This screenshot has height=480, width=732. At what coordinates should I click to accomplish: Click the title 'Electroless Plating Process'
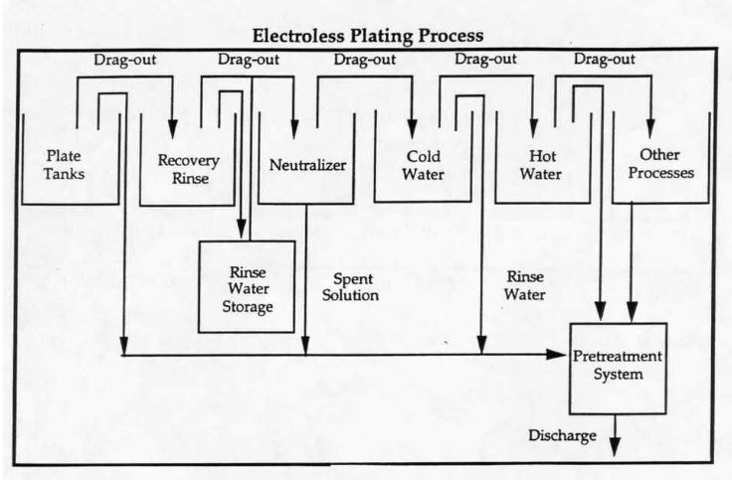(368, 36)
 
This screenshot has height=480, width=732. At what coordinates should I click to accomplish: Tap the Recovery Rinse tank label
(188, 169)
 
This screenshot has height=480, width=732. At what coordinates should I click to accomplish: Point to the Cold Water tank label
(423, 165)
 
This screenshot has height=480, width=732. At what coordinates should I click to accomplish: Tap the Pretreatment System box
(617, 367)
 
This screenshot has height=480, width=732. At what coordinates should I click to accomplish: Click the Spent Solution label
(355, 287)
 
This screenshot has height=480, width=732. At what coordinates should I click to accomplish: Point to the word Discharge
(564, 435)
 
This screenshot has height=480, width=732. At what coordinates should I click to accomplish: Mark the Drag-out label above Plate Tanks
(123, 60)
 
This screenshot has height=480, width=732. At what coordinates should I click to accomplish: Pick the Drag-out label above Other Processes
(605, 60)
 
